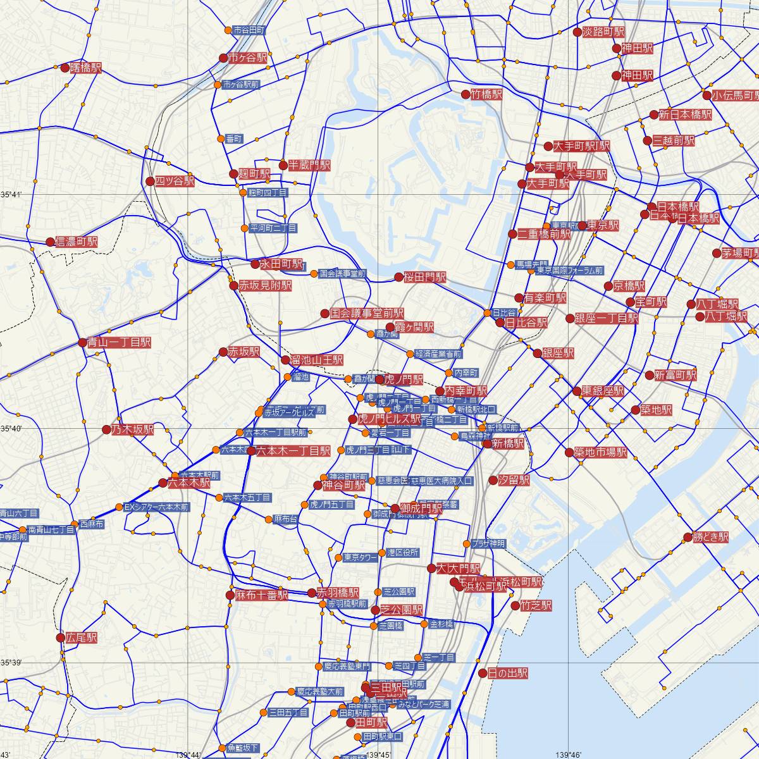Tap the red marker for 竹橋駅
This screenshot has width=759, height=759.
tap(467, 94)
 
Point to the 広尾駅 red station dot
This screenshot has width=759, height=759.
tap(61, 638)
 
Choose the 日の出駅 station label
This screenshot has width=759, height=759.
tap(508, 674)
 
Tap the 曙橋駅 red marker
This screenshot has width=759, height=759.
tap(65, 68)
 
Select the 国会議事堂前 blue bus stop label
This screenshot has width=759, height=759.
tap(343, 274)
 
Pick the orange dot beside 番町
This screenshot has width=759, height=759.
tap(220, 139)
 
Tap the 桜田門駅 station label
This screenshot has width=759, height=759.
tap(425, 277)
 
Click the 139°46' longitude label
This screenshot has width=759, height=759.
tap(567, 755)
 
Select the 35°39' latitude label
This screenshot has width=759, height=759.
tap(11, 662)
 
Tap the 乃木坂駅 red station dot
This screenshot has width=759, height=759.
tap(106, 430)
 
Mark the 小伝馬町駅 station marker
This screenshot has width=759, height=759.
tap(707, 96)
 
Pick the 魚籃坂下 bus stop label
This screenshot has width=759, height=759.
tap(243, 748)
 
